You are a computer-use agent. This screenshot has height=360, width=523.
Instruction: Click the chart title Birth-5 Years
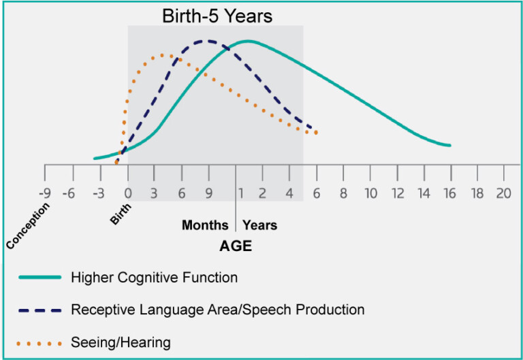coord(217,16)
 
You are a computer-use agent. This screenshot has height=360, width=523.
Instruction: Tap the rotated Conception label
coord(28,225)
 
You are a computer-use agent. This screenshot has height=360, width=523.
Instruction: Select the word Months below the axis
coord(205,225)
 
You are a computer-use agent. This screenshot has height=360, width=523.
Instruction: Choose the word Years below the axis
coord(260,225)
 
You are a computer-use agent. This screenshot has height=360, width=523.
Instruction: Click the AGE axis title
coord(236,246)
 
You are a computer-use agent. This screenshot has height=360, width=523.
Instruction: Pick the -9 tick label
coord(45,193)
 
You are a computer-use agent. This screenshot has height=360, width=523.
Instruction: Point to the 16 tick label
coord(450,193)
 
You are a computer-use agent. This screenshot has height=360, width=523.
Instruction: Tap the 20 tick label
coord(503,193)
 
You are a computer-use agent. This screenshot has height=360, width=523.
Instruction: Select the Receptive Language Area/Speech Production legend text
coord(217,310)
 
